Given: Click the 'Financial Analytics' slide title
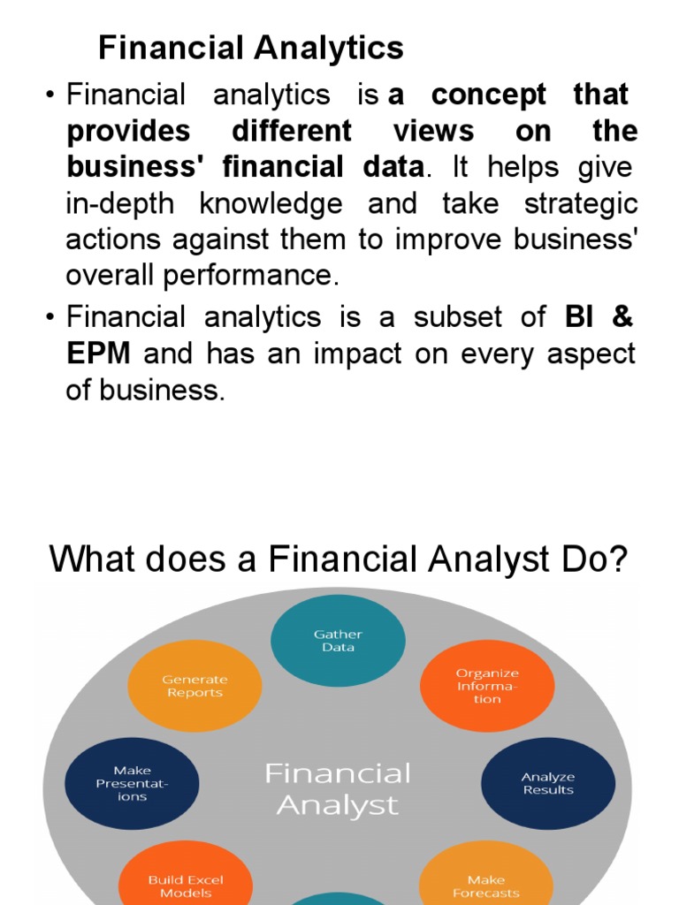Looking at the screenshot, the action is (x=250, y=48).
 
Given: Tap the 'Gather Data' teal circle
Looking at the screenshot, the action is (x=338, y=641).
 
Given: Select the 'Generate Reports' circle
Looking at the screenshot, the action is (x=195, y=686).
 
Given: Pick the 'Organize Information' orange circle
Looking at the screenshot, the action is (x=487, y=686).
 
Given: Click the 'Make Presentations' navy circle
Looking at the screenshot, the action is (x=133, y=783).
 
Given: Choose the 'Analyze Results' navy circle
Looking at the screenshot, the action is (x=548, y=783).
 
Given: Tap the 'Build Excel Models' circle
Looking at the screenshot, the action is (x=186, y=873).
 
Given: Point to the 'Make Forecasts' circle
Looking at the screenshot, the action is (x=486, y=873).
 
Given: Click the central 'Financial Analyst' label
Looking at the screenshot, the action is (x=338, y=789).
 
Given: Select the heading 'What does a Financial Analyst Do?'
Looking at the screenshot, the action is (x=339, y=559).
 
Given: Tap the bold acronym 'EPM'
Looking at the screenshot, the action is (x=99, y=353).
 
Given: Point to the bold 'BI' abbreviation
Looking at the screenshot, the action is (x=579, y=316).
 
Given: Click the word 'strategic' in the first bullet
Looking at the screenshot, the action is (x=581, y=205).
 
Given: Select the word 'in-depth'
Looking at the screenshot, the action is (x=120, y=205).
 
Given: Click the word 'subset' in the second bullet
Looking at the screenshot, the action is (x=457, y=316).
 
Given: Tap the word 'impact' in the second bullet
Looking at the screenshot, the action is (x=357, y=354).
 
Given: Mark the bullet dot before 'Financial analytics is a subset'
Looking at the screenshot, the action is (x=50, y=317).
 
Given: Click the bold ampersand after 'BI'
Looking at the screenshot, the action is (x=622, y=316).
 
